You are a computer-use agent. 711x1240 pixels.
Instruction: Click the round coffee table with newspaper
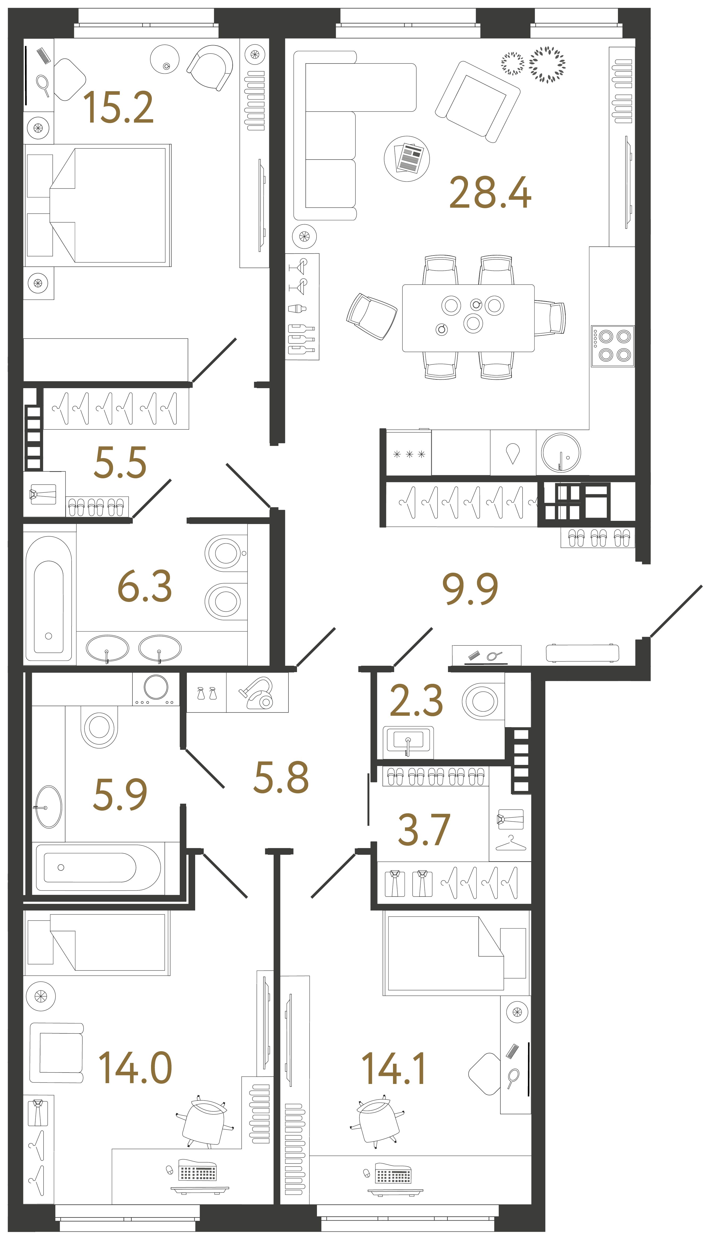pos(407,159)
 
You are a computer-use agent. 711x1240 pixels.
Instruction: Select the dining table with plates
pos(468,318)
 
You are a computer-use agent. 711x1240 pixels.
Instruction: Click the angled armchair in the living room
pos(478,102)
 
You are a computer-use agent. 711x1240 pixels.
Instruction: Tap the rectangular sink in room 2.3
pos(408,741)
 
